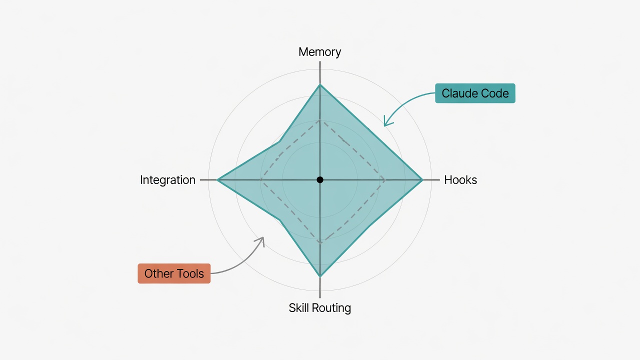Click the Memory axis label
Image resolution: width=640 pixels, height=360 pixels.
click(319, 52)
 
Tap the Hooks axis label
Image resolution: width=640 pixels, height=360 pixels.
click(460, 180)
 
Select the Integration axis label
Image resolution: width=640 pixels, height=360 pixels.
click(167, 180)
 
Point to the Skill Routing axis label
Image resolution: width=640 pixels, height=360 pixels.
click(319, 308)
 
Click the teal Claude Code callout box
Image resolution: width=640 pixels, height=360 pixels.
click(475, 93)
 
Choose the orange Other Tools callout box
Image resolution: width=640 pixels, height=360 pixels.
click(174, 273)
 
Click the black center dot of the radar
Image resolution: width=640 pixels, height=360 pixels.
click(320, 179)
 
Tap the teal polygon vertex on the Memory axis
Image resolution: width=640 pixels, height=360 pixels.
click(320, 84)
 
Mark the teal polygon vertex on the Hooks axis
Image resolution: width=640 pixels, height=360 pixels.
click(422, 180)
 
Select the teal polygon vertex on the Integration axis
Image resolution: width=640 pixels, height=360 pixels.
click(217, 180)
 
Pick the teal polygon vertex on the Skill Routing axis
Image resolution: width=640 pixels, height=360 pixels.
click(320, 276)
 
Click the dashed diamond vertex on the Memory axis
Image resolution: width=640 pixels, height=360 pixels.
click(320, 120)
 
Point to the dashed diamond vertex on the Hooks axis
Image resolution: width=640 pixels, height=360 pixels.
click(385, 180)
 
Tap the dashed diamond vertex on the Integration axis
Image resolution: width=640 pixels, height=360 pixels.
click(260, 180)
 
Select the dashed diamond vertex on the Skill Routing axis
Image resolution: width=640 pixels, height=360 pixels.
click(320, 243)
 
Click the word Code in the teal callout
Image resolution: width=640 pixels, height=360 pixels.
click(494, 93)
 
